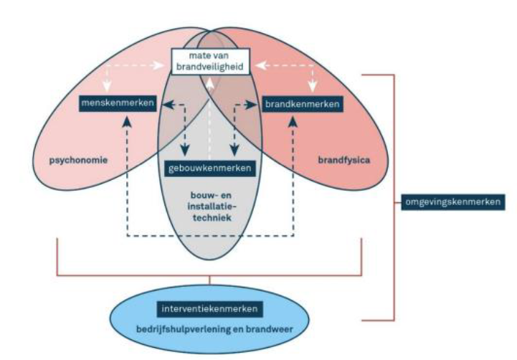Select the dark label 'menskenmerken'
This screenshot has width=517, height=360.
(119, 104)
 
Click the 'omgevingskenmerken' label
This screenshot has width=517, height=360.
(450, 202)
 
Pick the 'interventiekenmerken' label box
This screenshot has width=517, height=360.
(209, 309)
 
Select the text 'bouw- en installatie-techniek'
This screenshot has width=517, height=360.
(209, 205)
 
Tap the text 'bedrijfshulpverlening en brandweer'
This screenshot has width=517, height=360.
(209, 329)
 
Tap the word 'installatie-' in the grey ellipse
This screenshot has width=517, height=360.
(209, 205)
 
